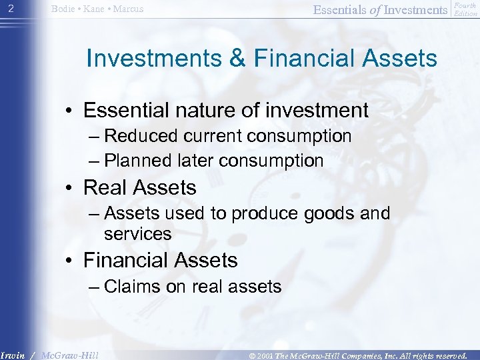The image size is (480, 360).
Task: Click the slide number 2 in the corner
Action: click(x=9, y=9)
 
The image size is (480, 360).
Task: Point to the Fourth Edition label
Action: click(x=465, y=9)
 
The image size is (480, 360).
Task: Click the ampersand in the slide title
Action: click(x=232, y=58)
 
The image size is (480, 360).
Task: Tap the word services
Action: click(x=137, y=233)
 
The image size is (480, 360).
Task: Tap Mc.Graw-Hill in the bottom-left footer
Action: click(x=70, y=355)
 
